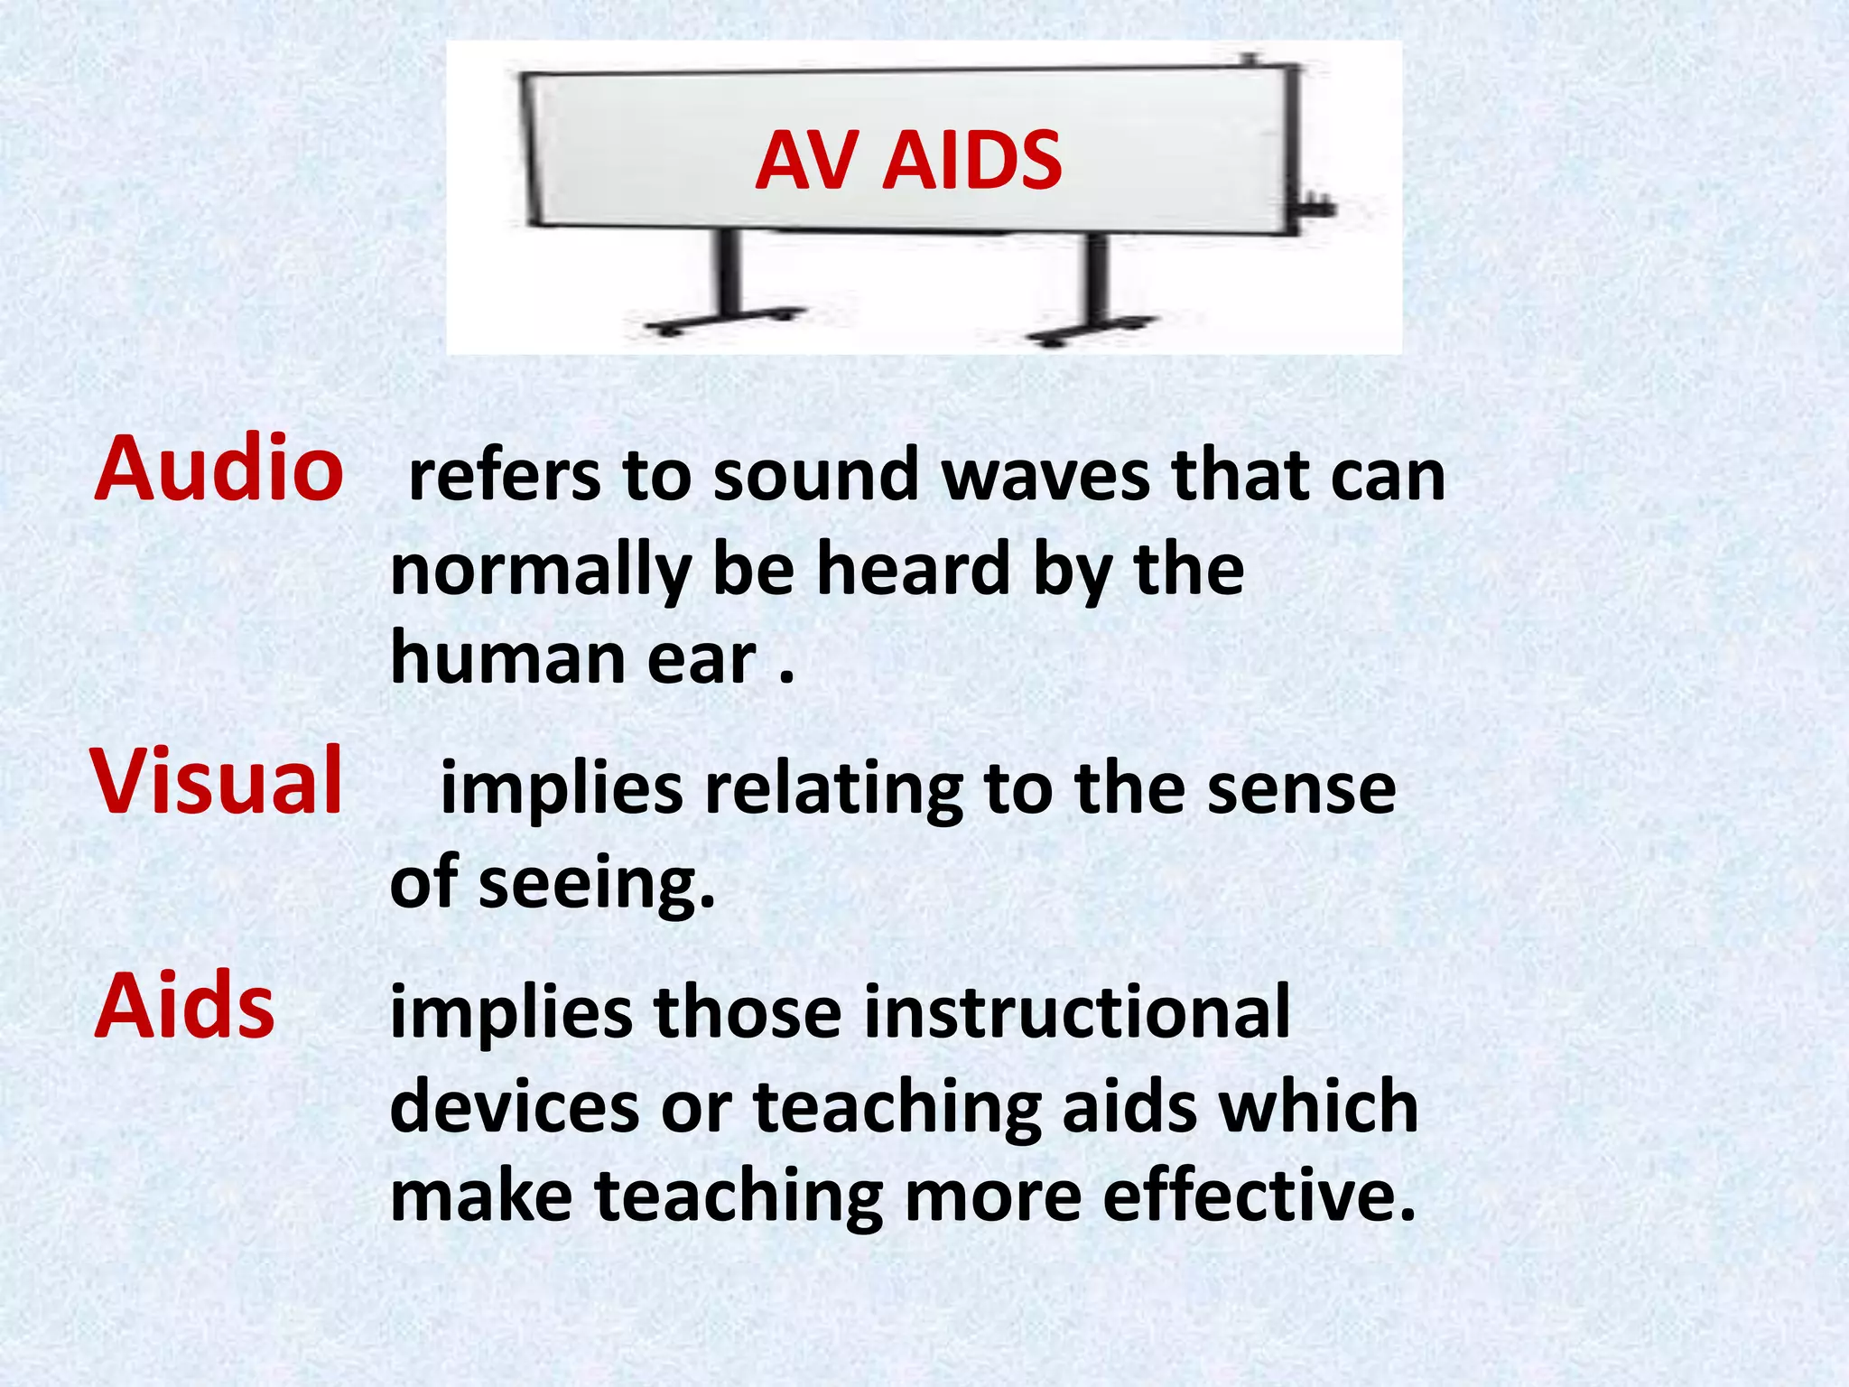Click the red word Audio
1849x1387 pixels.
218,469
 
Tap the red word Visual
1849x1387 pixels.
217,781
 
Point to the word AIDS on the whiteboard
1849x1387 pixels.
972,161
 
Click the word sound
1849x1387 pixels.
815,476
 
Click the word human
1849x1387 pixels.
508,658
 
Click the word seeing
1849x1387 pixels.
597,883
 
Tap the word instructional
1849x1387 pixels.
1077,1013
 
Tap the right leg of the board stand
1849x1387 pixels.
1096,284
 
